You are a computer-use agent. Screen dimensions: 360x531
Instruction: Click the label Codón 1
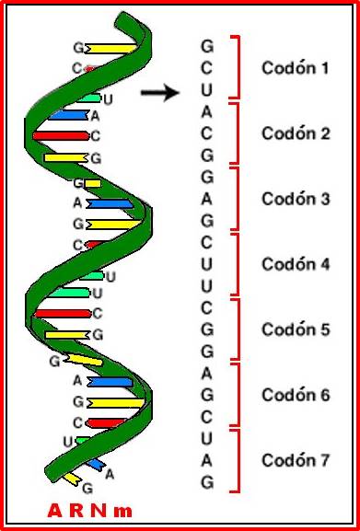295,67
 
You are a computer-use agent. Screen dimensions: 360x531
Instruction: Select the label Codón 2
295,133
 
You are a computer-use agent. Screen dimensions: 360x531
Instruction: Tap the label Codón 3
295,199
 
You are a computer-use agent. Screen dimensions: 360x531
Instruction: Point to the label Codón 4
295,264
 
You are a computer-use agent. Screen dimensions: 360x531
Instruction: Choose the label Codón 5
295,329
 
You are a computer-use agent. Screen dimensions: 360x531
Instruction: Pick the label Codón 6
295,395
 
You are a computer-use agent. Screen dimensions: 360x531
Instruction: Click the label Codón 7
295,460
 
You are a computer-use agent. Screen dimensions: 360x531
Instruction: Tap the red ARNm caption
89,509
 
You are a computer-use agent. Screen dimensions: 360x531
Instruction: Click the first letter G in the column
207,45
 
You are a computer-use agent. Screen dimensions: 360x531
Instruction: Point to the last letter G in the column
207,482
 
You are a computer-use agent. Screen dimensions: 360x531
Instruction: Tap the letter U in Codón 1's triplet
207,89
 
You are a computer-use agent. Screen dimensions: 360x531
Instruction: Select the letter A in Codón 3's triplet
207,199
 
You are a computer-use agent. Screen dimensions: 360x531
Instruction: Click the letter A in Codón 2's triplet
207,111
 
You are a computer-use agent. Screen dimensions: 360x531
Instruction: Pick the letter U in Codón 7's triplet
207,439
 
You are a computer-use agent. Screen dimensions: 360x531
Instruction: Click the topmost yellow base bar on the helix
110,47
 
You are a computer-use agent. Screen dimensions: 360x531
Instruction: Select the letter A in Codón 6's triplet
207,374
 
